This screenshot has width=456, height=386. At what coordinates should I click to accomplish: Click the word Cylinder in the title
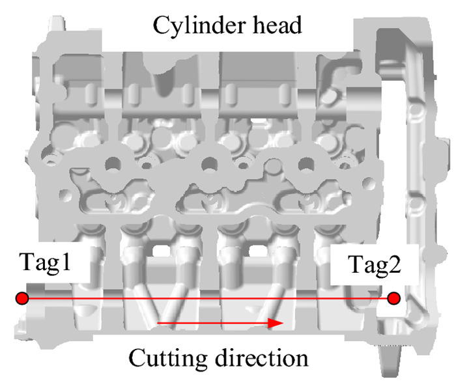[x=193, y=25]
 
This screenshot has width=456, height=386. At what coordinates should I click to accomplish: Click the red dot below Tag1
[x=22, y=298]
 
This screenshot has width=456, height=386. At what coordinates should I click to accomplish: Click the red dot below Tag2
[x=393, y=298]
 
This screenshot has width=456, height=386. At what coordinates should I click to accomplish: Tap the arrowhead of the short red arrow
[x=278, y=322]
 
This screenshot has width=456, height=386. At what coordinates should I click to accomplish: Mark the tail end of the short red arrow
[x=160, y=322]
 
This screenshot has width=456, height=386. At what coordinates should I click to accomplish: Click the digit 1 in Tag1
[x=64, y=264]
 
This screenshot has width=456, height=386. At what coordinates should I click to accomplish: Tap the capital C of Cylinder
[x=160, y=25]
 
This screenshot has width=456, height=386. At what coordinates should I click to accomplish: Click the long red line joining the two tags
[x=208, y=298]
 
